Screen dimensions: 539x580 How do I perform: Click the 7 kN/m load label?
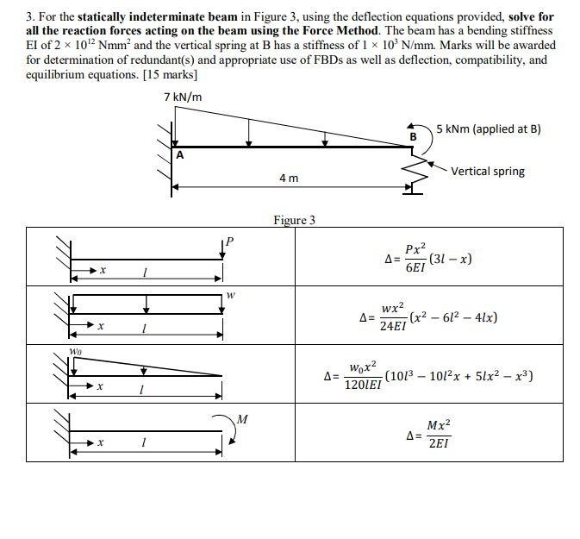click(x=183, y=96)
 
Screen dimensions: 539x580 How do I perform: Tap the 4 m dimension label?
click(x=289, y=178)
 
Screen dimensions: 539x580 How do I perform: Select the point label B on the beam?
click(x=413, y=136)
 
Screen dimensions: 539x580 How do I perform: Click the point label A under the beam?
click(x=180, y=156)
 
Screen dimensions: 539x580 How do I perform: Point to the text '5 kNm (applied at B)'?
click(x=489, y=129)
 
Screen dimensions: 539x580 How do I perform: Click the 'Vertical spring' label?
click(x=488, y=171)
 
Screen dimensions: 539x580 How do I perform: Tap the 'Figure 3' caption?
click(x=294, y=220)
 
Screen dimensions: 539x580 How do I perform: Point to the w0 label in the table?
click(x=76, y=352)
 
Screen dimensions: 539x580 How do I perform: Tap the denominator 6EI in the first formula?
click(x=415, y=268)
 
